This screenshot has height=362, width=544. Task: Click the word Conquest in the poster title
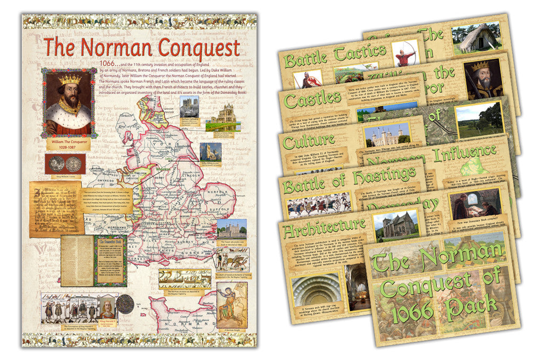point(192,48)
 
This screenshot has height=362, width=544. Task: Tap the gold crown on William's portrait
point(70,79)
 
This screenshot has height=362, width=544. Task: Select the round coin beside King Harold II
point(125,305)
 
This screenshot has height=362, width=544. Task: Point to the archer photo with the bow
point(406,54)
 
